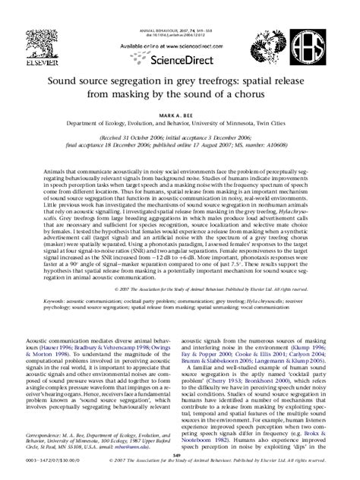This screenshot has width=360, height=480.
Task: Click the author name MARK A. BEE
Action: (180, 111)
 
